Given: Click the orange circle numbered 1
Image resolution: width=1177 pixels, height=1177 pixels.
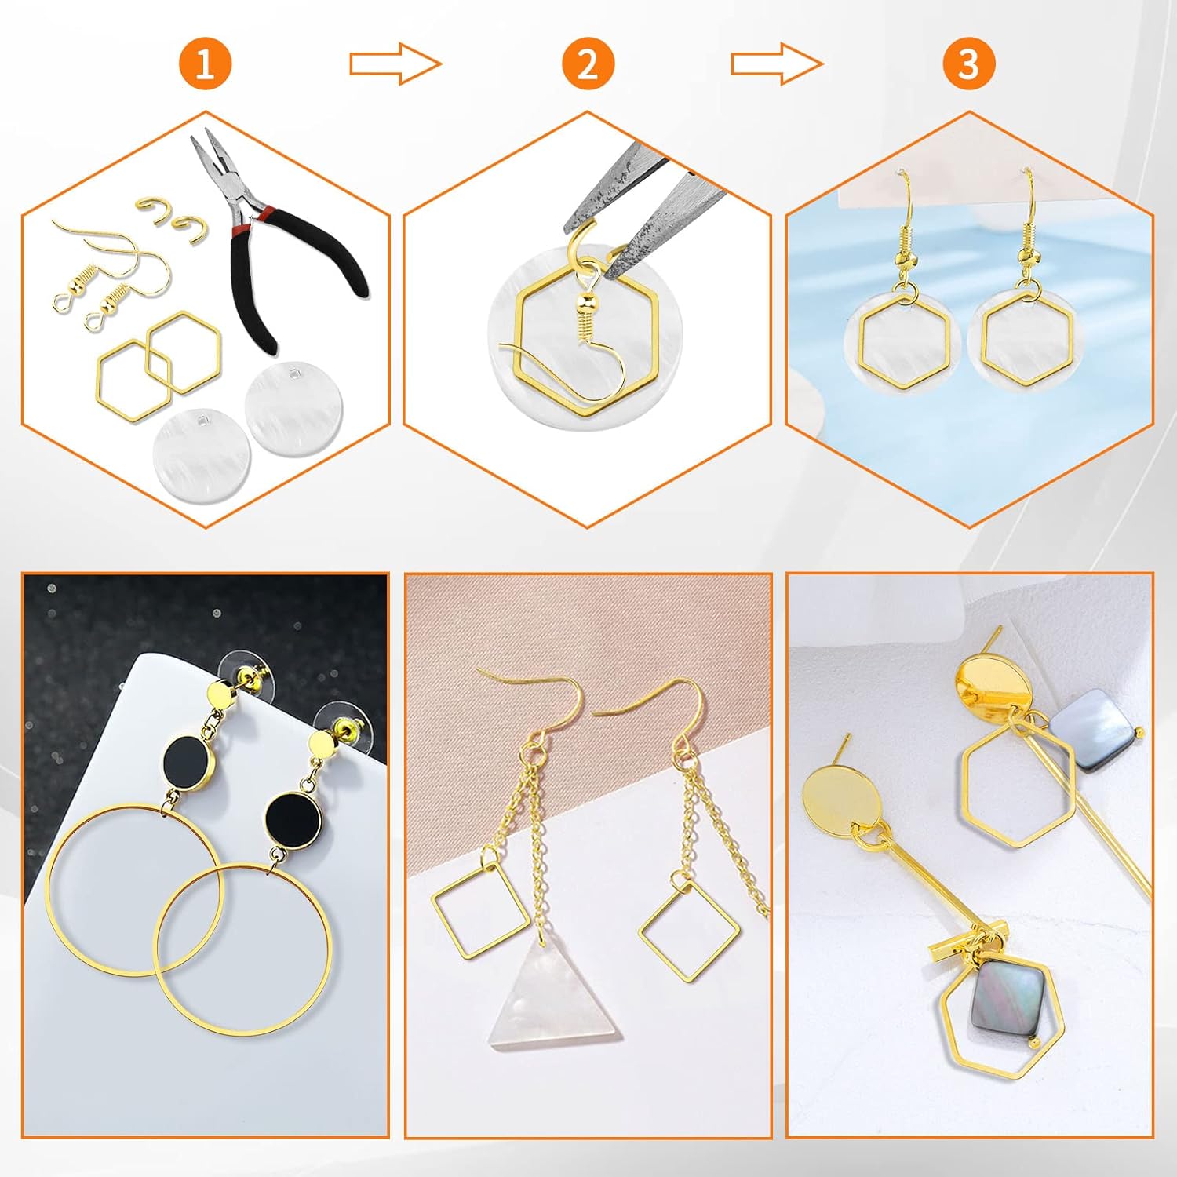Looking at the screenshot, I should (204, 64).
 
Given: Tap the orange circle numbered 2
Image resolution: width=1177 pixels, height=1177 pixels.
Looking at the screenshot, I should (587, 64).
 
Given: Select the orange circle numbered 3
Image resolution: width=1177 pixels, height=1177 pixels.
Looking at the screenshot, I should (969, 64).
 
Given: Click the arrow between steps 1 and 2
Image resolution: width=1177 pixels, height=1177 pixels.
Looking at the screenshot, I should (395, 64).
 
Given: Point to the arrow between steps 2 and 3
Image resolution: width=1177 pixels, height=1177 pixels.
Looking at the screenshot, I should (777, 64).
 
